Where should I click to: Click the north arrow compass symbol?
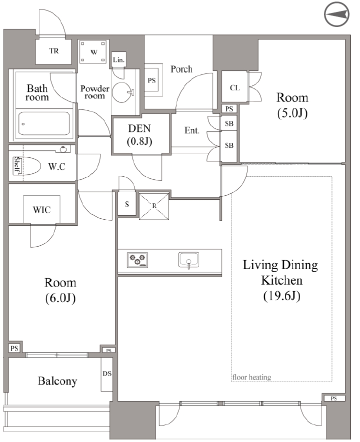(x=336, y=15)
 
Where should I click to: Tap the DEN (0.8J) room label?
(x=139, y=135)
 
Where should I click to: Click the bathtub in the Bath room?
(x=43, y=124)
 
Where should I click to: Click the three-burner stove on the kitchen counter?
(x=137, y=260)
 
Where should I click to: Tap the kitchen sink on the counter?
(x=188, y=260)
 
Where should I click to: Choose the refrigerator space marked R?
(x=154, y=206)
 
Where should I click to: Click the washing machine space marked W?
(x=93, y=52)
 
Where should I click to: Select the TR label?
(x=54, y=51)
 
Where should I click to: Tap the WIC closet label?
(x=42, y=210)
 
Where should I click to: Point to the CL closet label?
(x=234, y=88)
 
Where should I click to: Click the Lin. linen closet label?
(x=119, y=60)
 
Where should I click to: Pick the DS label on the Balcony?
(x=107, y=374)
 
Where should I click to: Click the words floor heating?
(x=251, y=377)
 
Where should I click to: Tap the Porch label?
(x=181, y=69)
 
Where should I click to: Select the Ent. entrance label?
(x=192, y=130)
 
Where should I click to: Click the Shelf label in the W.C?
(x=17, y=165)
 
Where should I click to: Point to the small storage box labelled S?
(x=127, y=204)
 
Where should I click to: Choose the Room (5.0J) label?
(x=292, y=105)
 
